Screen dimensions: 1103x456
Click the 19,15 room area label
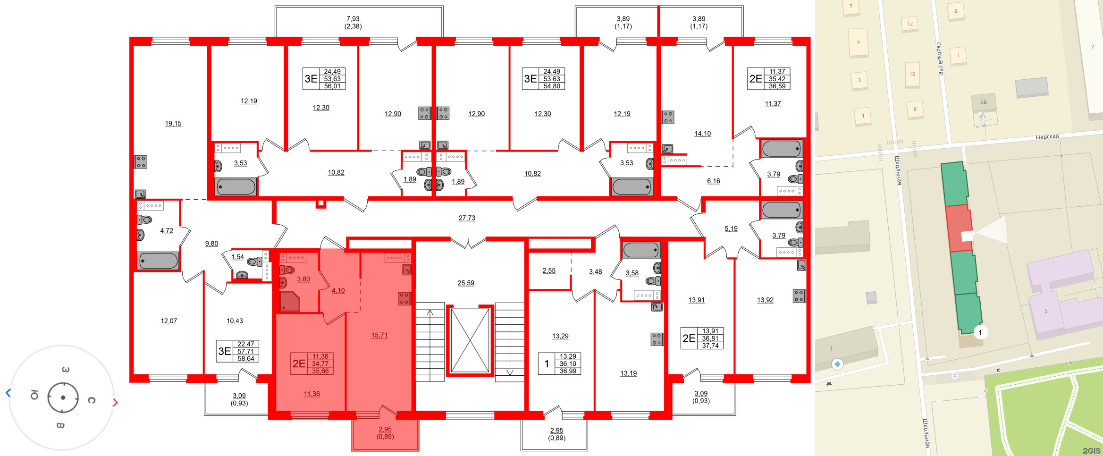click(173, 124)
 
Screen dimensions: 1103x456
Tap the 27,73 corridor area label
click(467, 218)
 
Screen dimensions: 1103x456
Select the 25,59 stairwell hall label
click(466, 283)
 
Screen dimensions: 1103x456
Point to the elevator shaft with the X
click(470, 340)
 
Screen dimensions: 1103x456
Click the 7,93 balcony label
click(353, 19)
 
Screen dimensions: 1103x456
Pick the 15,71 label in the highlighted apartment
click(379, 336)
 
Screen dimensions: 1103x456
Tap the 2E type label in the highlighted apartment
click(299, 363)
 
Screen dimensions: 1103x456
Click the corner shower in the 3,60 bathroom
click(290, 302)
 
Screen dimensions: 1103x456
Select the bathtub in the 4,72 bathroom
click(158, 261)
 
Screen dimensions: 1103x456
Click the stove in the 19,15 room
click(141, 162)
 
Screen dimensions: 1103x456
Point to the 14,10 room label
click(702, 134)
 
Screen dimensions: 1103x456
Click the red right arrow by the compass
click(115, 402)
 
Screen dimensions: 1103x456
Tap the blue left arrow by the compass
click(8, 393)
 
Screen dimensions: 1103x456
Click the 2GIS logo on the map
click(1091, 450)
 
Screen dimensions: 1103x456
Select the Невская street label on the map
click(1047, 136)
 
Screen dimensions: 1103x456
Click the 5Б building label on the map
click(984, 101)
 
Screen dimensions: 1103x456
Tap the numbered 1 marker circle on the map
click(980, 332)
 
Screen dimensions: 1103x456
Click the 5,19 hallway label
click(731, 229)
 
